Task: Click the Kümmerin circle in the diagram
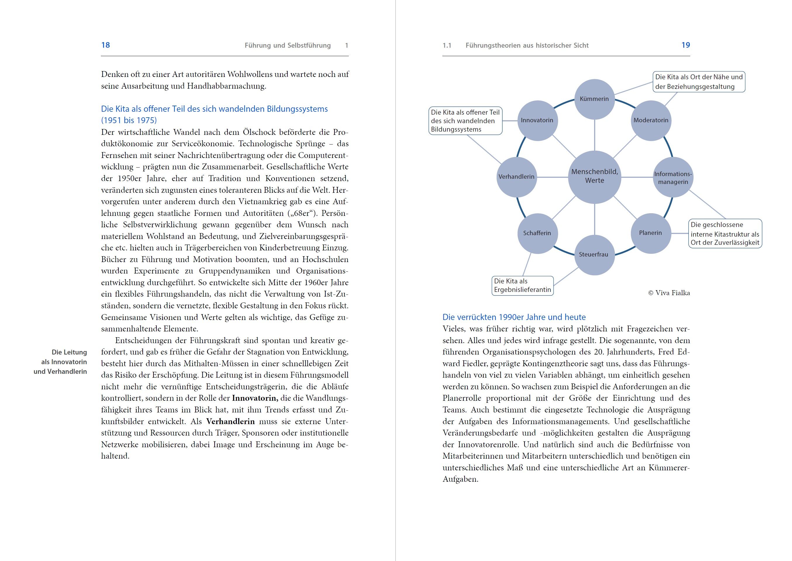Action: click(594, 99)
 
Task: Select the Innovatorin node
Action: click(537, 121)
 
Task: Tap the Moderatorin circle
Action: click(651, 121)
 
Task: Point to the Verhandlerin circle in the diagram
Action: click(517, 177)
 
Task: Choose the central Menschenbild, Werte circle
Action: click(595, 176)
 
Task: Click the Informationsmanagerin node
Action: click(673, 178)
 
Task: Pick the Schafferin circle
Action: click(537, 233)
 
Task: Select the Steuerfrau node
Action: click(594, 254)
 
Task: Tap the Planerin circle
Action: click(651, 233)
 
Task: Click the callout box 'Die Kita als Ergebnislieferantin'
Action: click(522, 286)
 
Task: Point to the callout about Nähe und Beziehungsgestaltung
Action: click(699, 82)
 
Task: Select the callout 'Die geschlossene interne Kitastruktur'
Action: click(725, 233)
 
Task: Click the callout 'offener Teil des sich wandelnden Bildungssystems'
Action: click(465, 121)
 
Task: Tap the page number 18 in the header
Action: click(106, 45)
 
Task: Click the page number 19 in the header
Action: click(686, 45)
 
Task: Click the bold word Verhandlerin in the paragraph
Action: click(230, 421)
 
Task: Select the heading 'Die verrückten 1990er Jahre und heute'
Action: click(514, 317)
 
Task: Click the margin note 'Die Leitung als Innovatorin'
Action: click(64, 362)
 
